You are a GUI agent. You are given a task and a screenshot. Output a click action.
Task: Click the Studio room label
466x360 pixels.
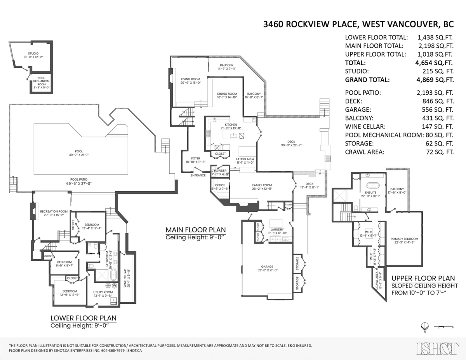coord(33,54)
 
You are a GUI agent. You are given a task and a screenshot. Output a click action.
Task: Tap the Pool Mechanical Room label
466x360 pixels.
coord(41,81)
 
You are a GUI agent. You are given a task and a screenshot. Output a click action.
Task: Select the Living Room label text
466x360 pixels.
coord(190,79)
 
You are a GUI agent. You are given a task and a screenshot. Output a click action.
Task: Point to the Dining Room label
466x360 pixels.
coord(227,93)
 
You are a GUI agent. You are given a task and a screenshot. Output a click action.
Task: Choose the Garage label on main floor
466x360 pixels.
coord(267,267)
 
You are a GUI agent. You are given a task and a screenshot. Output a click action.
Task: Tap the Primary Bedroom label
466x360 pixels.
coord(404,239)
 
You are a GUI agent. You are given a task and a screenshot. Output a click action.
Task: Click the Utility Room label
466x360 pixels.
coord(103,292)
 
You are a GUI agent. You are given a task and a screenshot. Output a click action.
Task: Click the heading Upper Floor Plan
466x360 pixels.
coord(423,278)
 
